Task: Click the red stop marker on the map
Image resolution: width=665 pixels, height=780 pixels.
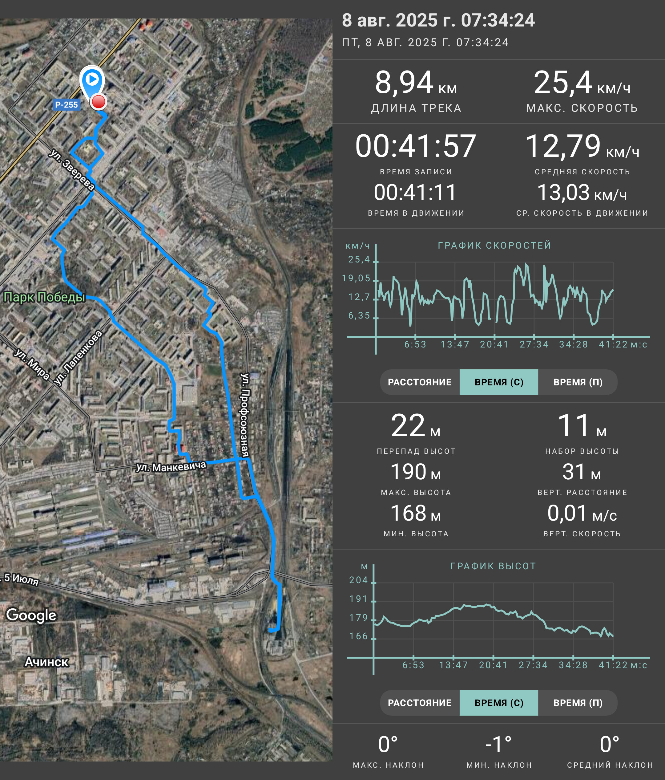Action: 99,102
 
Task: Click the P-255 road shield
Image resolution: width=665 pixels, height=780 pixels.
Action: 66,105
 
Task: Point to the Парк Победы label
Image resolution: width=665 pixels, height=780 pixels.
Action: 44,297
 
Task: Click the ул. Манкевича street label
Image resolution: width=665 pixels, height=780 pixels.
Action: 171,466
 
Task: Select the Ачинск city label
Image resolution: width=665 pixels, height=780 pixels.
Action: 46,661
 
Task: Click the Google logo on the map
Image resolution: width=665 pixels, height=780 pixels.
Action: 31,615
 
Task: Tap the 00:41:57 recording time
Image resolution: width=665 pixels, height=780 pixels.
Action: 416,146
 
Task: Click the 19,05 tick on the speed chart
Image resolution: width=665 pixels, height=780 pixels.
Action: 356,278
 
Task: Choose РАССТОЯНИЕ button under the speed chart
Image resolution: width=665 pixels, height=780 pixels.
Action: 420,382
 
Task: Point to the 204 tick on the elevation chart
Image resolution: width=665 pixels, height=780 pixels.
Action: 358,580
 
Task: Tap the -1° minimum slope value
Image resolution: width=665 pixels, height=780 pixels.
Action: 498,744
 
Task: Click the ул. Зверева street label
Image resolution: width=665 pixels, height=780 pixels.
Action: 71,170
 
